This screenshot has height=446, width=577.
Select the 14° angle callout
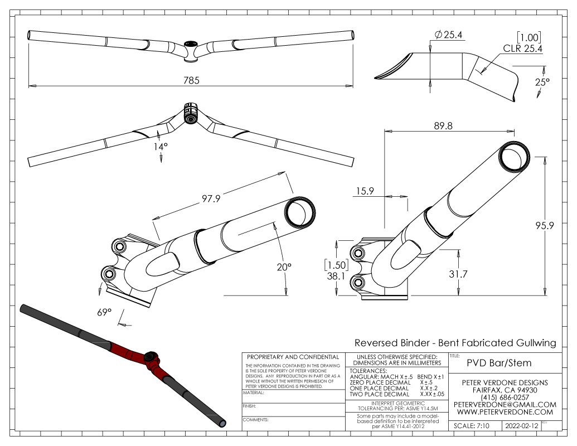click(161, 146)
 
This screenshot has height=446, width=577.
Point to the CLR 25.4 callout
click(523, 49)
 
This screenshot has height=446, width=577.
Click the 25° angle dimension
click(542, 82)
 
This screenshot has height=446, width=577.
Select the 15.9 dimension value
click(362, 191)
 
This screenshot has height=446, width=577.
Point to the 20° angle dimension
click(284, 267)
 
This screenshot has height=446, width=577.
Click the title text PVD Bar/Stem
click(499, 363)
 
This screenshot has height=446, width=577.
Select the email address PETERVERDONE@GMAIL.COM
click(505, 404)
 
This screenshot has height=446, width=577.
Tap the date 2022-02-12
click(521, 425)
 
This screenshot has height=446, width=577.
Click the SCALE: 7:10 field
click(472, 425)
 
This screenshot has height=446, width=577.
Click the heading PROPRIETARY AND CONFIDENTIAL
click(292, 357)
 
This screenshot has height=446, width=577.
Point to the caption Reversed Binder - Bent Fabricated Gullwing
click(455, 343)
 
